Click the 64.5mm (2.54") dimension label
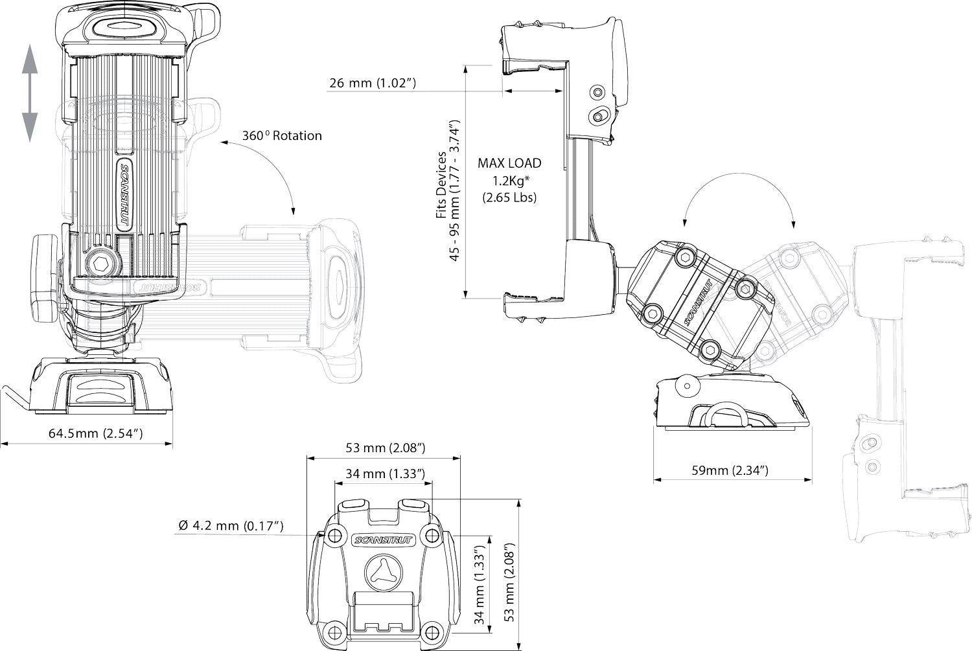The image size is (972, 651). coord(95,433)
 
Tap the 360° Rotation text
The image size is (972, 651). coord(282,136)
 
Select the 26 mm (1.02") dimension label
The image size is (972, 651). coord(373,83)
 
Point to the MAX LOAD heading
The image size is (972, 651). coord(509,163)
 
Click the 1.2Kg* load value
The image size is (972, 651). coord(511,181)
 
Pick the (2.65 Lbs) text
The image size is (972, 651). coord(509,198)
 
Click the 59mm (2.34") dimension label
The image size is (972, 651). coord(730,470)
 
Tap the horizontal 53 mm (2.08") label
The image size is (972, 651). coord(386,448)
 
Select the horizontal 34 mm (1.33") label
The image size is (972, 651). coord(385,474)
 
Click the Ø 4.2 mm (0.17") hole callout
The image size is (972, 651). coord(231,525)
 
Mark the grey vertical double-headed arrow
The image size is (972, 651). coord(30,93)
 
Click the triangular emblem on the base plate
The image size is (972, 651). coord(384,573)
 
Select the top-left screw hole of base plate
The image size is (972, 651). coord(334,536)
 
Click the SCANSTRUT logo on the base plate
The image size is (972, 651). coord(383,540)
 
